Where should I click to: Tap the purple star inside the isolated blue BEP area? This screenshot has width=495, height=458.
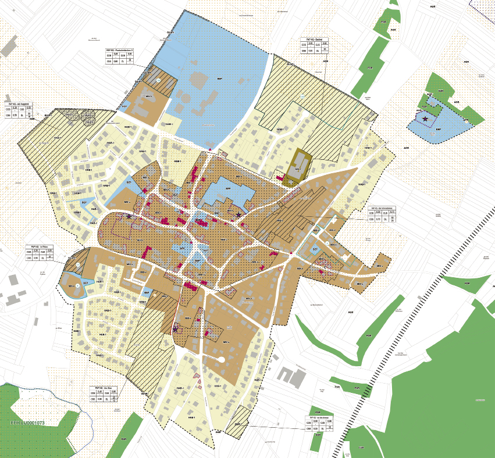point(426,119)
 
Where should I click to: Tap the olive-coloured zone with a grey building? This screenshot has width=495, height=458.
point(297,171)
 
